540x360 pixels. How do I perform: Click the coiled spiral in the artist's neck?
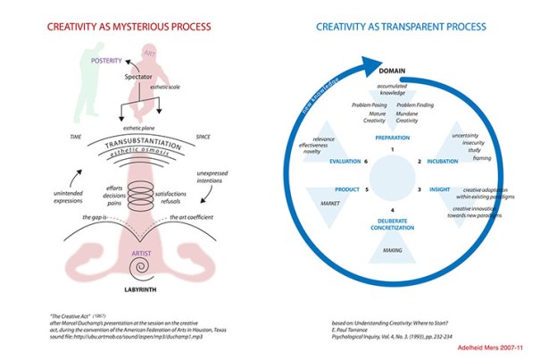pos(142,190)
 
